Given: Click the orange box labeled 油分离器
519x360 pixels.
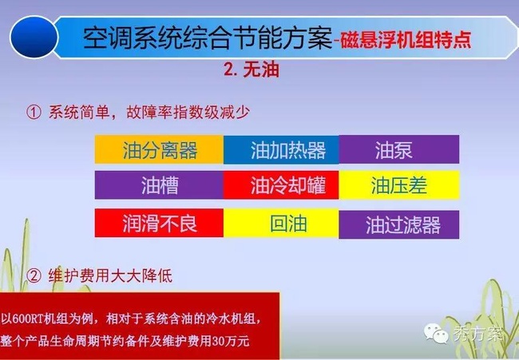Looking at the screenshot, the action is point(159,149).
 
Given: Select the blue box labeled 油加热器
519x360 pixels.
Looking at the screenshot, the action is point(281,149).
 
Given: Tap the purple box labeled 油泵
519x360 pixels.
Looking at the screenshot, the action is point(399,149).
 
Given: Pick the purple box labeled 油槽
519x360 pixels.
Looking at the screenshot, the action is point(159,185).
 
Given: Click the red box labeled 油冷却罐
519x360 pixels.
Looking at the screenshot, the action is point(281,185).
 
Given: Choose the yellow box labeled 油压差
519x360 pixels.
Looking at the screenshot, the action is point(399,185).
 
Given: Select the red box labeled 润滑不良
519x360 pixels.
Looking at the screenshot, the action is point(159,223).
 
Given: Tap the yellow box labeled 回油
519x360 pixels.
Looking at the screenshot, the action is point(281,223).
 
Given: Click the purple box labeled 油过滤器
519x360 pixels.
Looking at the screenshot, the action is point(399,224).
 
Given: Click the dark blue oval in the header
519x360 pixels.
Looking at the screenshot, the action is point(34,37).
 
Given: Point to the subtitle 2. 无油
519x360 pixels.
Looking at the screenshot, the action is point(252,69).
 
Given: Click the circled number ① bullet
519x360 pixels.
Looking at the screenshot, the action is point(34,113).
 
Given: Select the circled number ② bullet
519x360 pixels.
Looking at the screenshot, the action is point(34,275).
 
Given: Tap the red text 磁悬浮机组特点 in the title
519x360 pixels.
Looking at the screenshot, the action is point(406,41).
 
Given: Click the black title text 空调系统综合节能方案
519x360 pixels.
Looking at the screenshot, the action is point(208,38).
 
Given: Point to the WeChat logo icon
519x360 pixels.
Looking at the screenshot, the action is point(436,333).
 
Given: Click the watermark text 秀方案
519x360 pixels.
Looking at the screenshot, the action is point(477,334).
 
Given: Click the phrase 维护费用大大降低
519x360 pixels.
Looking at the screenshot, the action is point(110,275).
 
